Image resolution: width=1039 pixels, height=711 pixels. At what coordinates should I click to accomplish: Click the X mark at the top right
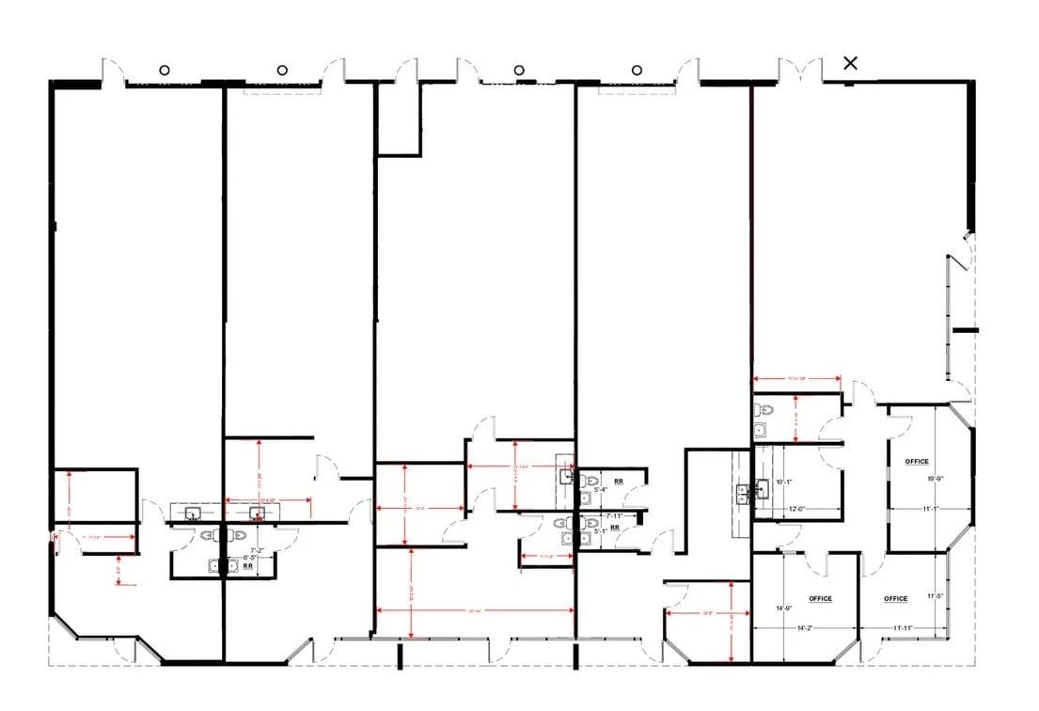(x=851, y=63)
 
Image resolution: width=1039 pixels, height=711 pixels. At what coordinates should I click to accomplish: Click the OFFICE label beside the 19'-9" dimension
(x=917, y=462)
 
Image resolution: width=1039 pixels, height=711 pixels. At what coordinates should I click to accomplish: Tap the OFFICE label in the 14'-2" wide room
(x=820, y=599)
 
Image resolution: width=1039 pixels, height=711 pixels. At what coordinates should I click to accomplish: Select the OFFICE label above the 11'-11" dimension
(x=896, y=599)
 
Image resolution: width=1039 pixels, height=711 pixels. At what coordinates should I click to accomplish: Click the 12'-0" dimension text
(x=796, y=510)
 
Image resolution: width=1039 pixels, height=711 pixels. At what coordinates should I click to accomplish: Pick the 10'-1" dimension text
(x=785, y=482)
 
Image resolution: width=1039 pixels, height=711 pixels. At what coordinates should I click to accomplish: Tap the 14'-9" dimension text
(x=784, y=608)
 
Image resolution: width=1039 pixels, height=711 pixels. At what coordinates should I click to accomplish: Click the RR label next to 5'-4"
(x=618, y=481)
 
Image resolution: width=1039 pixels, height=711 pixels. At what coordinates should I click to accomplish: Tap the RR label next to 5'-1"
(x=614, y=529)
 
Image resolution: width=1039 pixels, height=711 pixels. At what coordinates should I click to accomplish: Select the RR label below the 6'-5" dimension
(x=248, y=566)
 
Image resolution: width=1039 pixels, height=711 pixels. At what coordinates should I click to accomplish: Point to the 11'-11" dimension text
(x=899, y=627)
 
